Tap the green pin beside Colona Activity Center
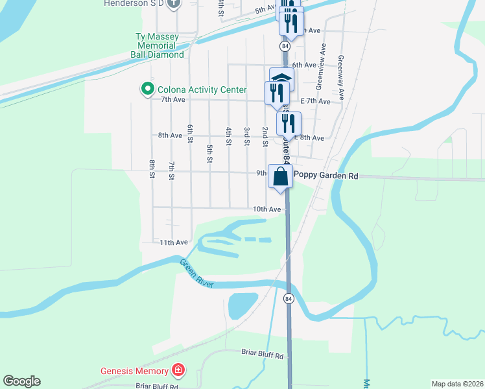tap(147, 89)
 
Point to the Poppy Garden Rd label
tap(326, 175)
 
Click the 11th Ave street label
tap(173, 242)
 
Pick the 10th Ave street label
tap(266, 209)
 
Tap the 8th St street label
tap(152, 169)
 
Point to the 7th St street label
tap(171, 171)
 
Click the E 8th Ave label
tap(309, 138)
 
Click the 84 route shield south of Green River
tap(289, 298)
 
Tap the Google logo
tap(21, 381)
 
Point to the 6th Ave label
tap(303, 65)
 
